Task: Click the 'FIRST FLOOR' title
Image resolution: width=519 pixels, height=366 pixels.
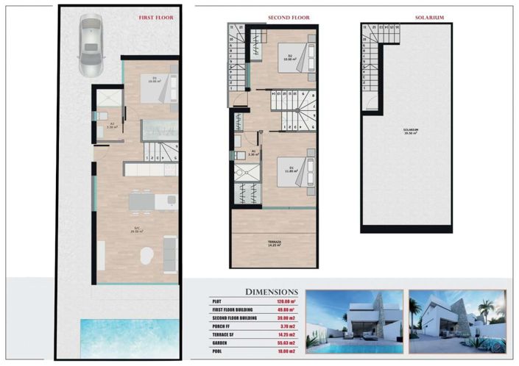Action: click(x=156, y=18)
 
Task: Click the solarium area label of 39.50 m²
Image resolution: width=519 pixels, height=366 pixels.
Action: click(x=411, y=132)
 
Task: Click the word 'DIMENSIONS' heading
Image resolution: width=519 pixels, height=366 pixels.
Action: click(x=271, y=292)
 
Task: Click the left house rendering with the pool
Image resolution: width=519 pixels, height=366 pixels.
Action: click(x=353, y=322)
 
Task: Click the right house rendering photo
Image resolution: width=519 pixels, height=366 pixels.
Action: click(x=457, y=322)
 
